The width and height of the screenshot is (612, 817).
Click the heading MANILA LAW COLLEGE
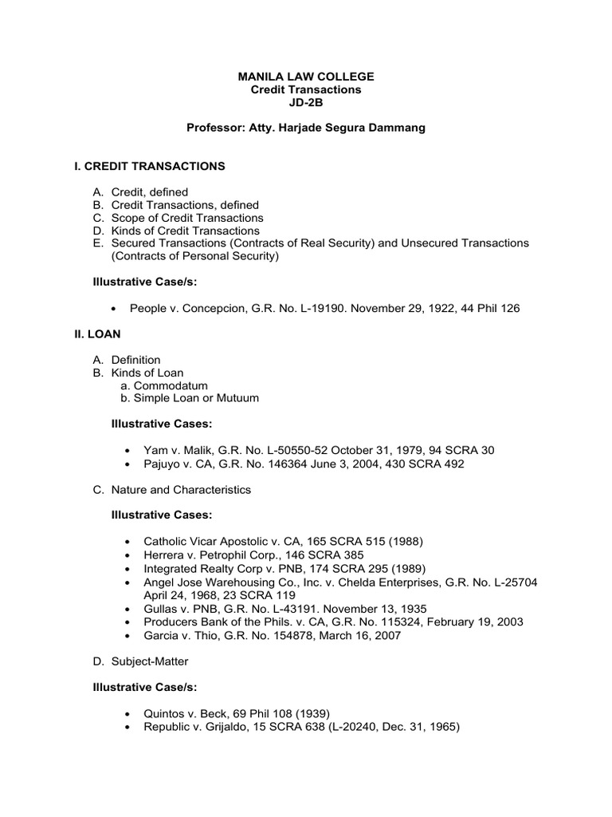click(x=306, y=76)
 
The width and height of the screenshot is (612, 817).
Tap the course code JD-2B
click(x=306, y=103)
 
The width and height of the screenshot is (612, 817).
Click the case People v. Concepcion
click(x=190, y=307)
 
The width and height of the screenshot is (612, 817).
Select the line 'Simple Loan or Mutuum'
click(x=196, y=398)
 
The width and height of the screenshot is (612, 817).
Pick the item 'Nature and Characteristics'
click(x=181, y=489)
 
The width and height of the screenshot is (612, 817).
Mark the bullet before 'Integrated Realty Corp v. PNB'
click(x=131, y=569)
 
